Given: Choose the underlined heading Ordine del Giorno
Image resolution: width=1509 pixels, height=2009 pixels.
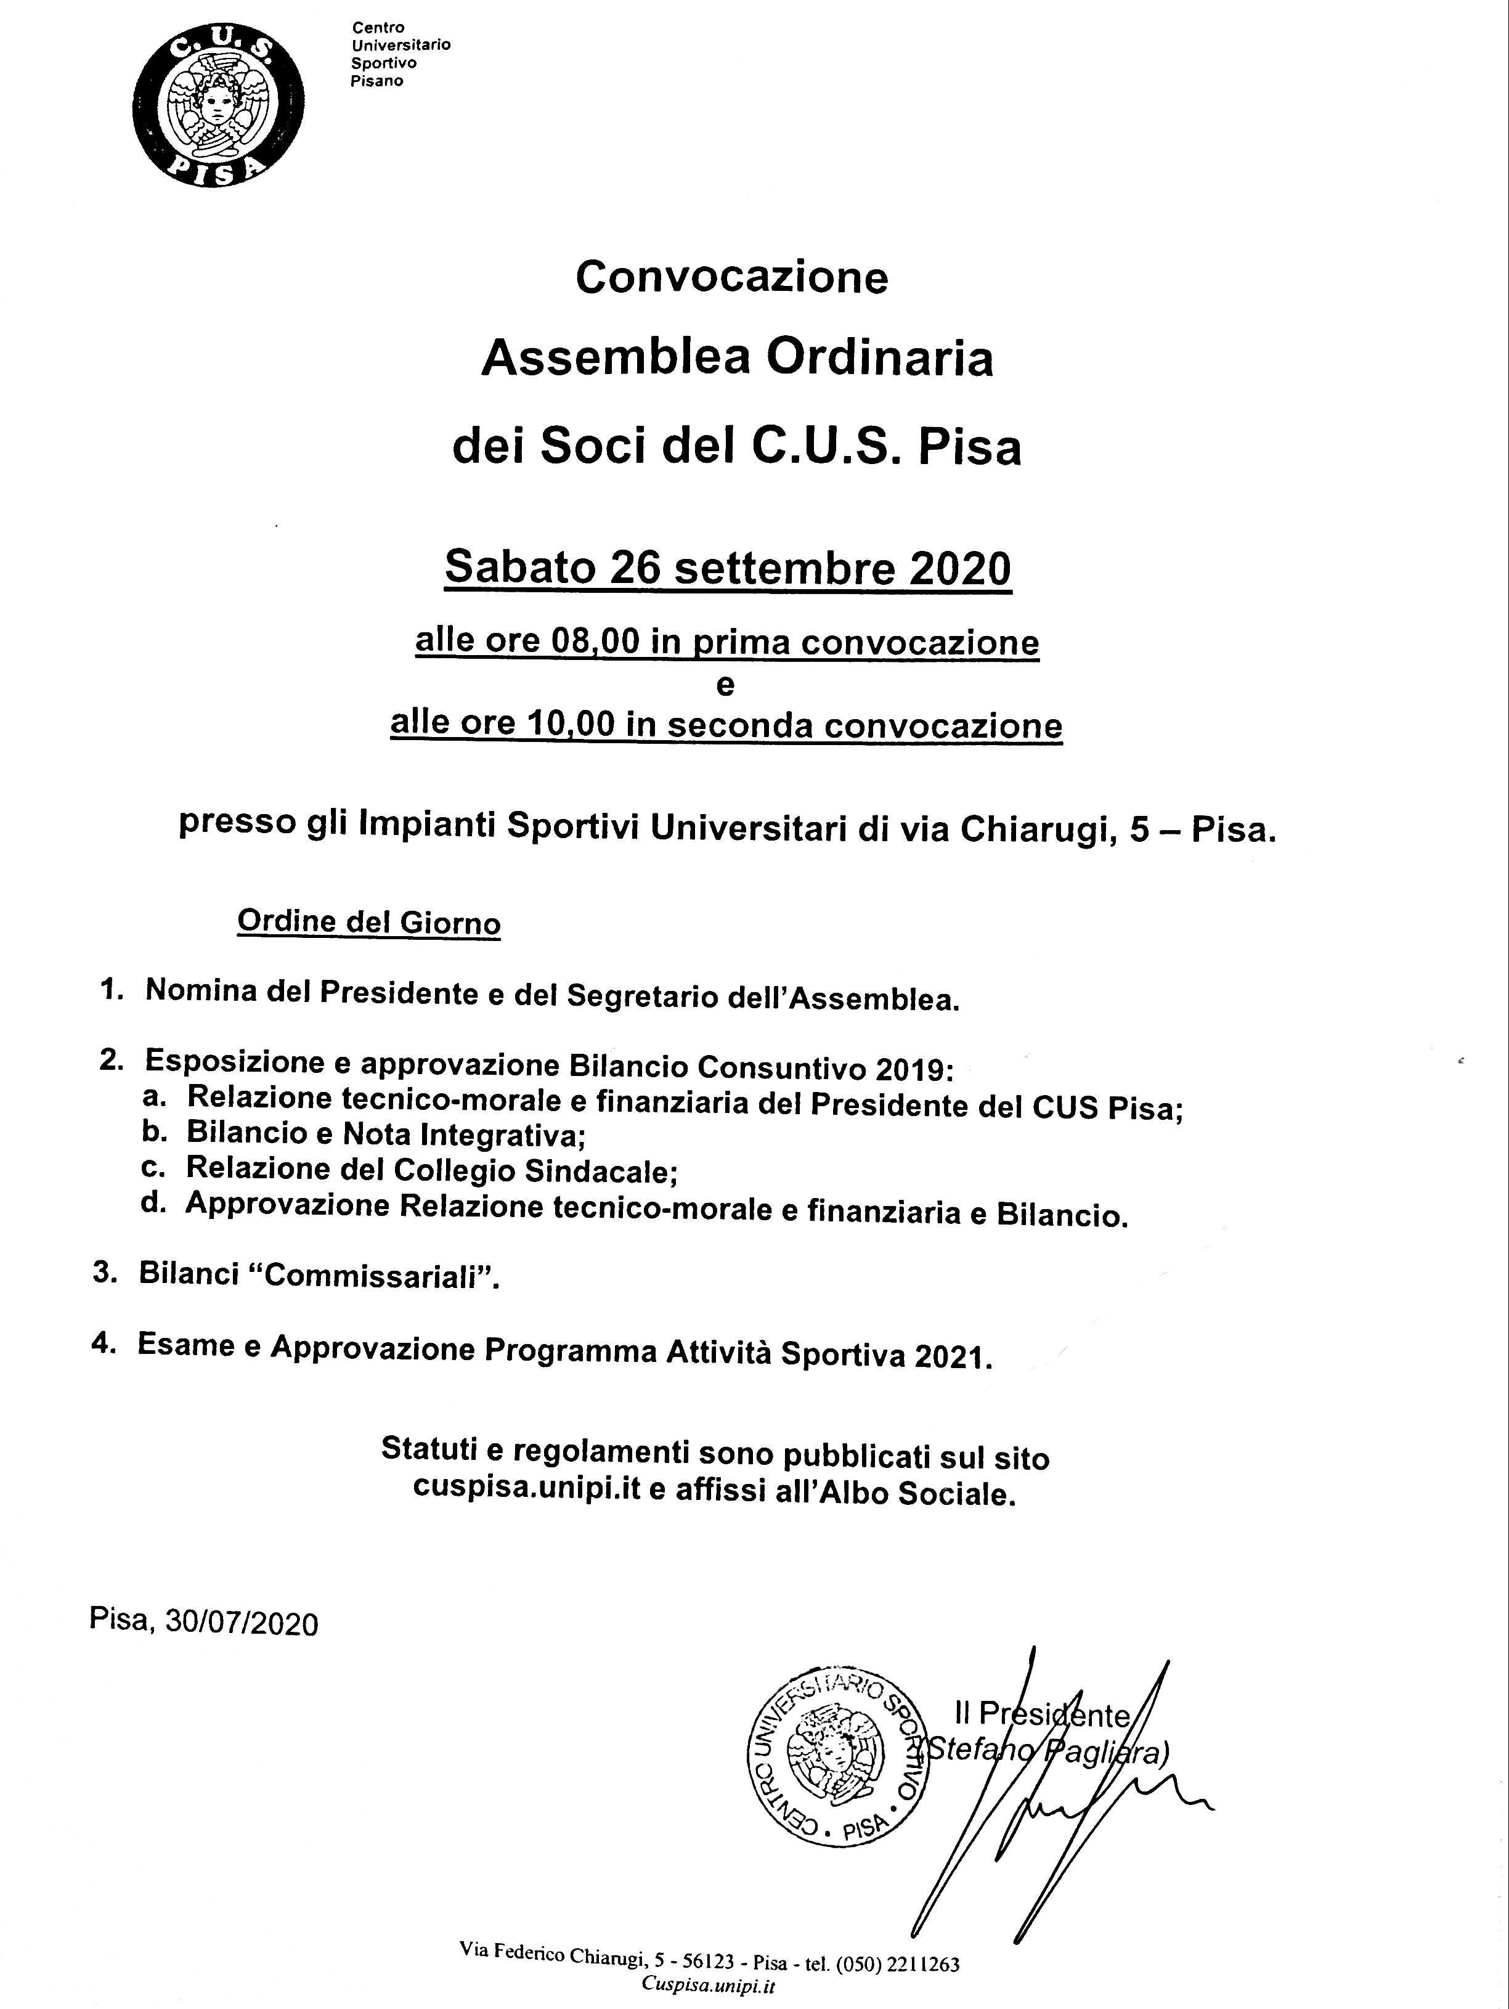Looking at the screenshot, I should click(x=368, y=922).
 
